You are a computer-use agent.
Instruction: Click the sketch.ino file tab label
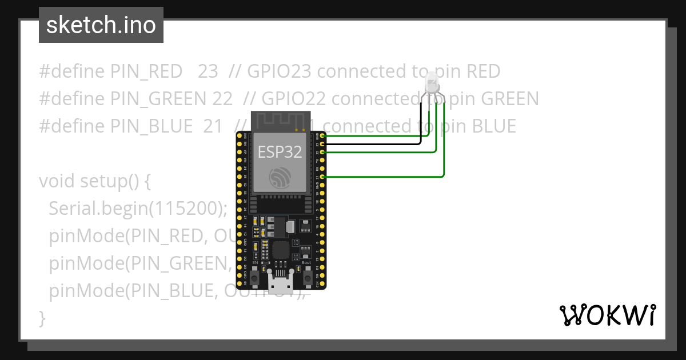pyautogui.click(x=101, y=25)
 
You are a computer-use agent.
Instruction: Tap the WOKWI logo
pyautogui.click(x=607, y=315)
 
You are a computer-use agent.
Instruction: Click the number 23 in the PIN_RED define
pyautogui.click(x=208, y=71)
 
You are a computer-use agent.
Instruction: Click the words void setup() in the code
pyautogui.click(x=94, y=181)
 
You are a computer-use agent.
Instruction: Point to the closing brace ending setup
pyautogui.click(x=42, y=318)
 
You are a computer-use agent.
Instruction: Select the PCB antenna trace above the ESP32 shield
pyautogui.click(x=280, y=122)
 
